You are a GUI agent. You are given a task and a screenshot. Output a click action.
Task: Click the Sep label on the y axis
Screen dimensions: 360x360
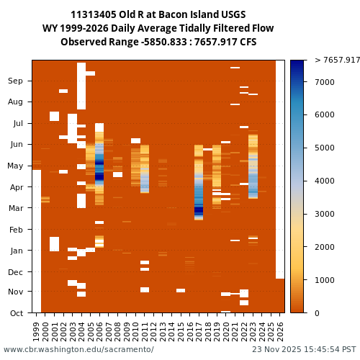coord(16,81)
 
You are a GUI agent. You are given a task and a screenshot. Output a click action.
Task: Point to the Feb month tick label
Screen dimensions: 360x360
coord(16,230)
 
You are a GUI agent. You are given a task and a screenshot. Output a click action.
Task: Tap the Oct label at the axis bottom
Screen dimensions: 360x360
coord(16,313)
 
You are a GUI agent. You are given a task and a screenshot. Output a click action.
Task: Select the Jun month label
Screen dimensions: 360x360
coord(16,145)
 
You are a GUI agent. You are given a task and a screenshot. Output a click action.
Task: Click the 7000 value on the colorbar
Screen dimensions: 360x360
coord(325,83)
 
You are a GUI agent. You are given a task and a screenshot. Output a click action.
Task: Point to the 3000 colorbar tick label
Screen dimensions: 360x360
coord(325,215)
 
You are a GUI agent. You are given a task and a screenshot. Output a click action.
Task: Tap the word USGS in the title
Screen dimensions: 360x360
coord(230,15)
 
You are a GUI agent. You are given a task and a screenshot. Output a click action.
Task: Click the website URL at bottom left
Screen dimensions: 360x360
coord(78,350)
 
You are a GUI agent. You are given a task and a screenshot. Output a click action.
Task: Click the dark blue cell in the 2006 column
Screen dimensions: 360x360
coord(99,176)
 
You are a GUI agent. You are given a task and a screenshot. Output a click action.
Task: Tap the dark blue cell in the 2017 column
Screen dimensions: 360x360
coord(199,210)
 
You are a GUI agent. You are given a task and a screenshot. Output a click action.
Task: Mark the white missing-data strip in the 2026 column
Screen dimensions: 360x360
coord(280,169)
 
